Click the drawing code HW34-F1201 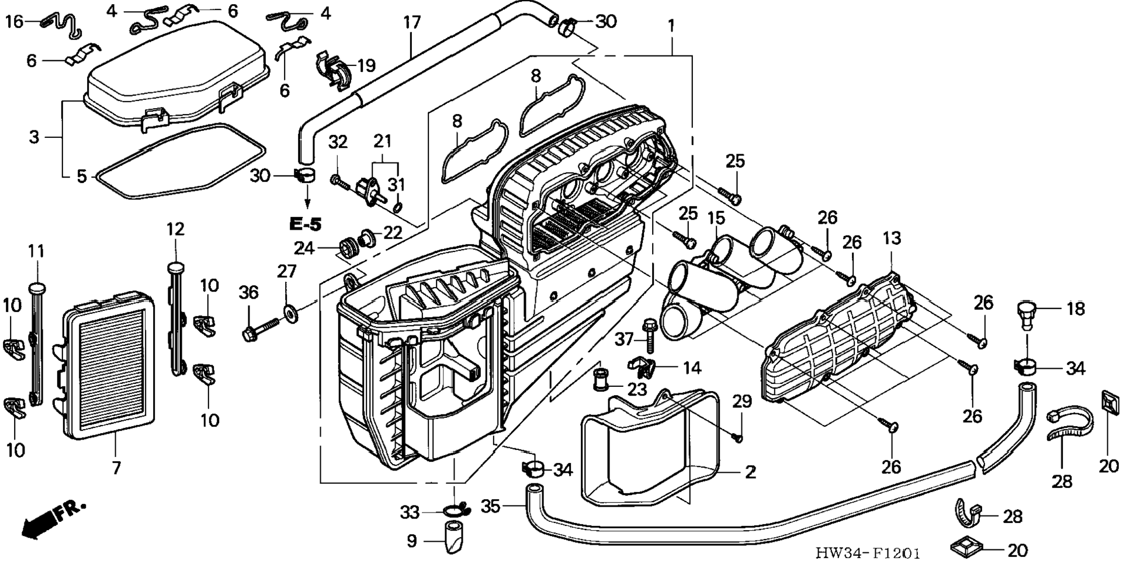868,553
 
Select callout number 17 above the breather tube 412,23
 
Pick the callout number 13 892,238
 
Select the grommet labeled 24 349,247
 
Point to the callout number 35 490,506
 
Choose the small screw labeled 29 738,437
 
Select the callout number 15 716,218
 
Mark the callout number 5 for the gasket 82,176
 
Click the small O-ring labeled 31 397,207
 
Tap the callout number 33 410,513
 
